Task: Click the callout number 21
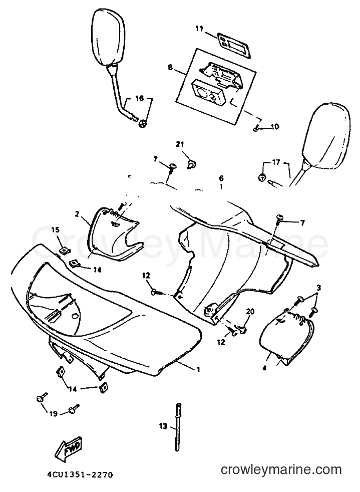[x=180, y=145]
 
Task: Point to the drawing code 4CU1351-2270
[x=80, y=475]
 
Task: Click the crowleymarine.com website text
[x=281, y=470]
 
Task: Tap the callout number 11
[x=199, y=29]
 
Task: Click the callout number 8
[x=170, y=67]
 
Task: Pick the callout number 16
[x=139, y=98]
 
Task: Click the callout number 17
[x=276, y=162]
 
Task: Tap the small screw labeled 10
[x=255, y=127]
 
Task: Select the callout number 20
[x=250, y=312]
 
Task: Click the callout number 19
[x=53, y=414]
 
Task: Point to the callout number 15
[x=56, y=230]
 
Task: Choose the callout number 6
[x=221, y=178]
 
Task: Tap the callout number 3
[x=318, y=288]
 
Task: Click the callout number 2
[x=77, y=214]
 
